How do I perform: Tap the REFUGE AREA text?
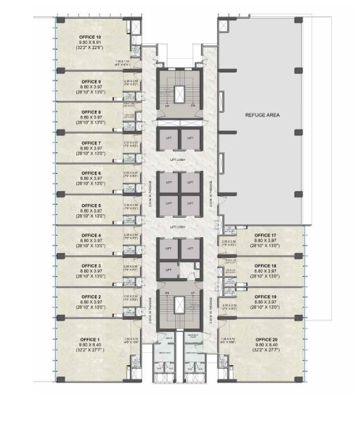tap(258, 114)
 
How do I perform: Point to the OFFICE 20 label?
tap(265, 339)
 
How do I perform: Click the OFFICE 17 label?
tap(265, 235)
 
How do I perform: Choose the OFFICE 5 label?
tap(91, 204)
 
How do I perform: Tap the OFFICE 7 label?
tap(91, 143)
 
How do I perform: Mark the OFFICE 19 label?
tap(265, 297)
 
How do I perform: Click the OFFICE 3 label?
tap(91, 266)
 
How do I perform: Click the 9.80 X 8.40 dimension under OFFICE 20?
tap(265, 345)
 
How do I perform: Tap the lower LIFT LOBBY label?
tap(178, 227)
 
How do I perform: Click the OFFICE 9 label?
tap(91, 81)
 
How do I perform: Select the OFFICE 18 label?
tap(265, 266)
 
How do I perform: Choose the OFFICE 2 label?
tap(91, 297)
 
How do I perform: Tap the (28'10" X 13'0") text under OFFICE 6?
tap(91, 185)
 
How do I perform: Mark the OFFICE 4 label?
tap(91, 235)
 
